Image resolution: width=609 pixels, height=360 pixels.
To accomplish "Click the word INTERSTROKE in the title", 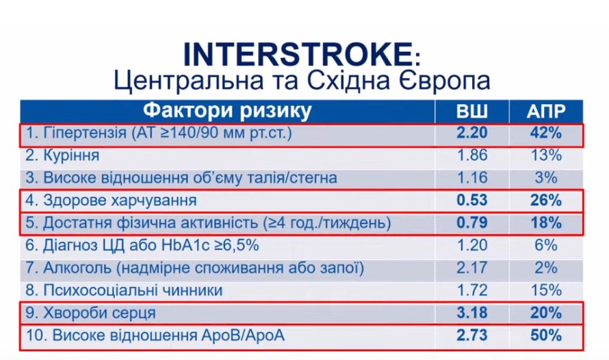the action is tap(297, 54).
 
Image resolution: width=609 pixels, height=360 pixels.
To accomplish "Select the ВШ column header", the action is tap(472, 112).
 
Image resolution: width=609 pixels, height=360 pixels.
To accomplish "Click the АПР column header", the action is tap(545, 112).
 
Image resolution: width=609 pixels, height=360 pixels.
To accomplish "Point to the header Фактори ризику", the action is tap(227, 111).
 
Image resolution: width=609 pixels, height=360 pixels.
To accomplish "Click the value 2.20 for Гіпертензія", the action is tap(472, 133).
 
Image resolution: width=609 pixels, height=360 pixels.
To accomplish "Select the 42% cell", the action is tap(546, 133).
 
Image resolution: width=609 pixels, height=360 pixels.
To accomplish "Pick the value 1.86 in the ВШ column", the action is tap(472, 155).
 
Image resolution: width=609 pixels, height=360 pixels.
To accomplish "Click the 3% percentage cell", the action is tap(546, 178).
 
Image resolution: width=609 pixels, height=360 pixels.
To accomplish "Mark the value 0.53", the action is tap(472, 201).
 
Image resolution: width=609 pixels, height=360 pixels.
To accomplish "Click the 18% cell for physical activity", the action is tap(546, 223).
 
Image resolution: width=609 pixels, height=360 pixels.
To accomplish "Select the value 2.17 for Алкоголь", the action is tap(472, 268).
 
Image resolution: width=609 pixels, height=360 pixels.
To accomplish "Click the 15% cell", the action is tap(546, 290).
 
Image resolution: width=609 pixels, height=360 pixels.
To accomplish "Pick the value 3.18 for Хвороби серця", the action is tap(472, 313).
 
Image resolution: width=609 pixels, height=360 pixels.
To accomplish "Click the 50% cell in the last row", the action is tap(546, 335).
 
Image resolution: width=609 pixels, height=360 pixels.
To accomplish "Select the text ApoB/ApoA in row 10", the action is tap(243, 335).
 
